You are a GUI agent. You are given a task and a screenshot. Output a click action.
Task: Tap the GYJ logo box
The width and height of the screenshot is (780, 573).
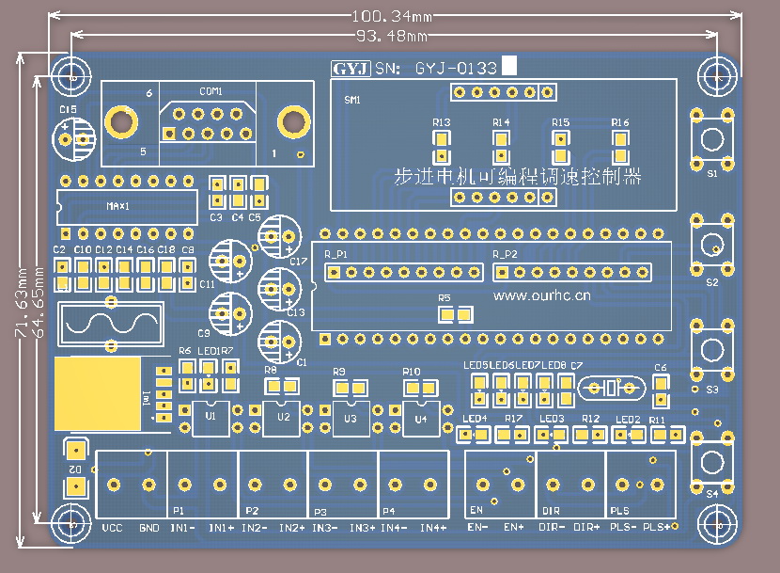(x=350, y=68)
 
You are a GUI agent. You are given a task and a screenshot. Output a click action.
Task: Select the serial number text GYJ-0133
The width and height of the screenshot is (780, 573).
(x=456, y=68)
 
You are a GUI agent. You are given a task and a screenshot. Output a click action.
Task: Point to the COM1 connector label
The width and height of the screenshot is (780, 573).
(x=211, y=91)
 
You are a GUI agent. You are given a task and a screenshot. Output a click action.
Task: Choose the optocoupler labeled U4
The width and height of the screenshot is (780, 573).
(x=421, y=418)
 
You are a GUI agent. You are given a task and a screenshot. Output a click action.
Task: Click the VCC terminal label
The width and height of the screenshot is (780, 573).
(x=113, y=528)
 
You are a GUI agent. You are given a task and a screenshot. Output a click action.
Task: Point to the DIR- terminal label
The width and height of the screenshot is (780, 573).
(x=553, y=528)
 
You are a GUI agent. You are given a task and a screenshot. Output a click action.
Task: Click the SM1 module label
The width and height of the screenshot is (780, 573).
(x=352, y=99)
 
